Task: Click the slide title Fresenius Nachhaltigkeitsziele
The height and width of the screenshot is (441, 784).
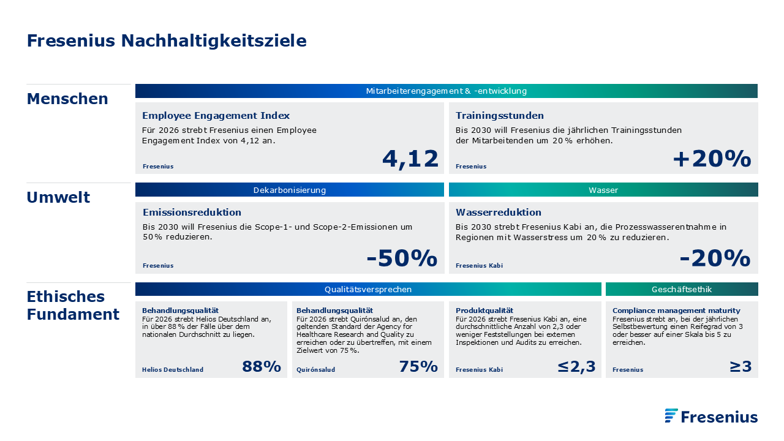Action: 167,40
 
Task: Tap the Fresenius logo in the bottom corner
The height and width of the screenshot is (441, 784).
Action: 711,416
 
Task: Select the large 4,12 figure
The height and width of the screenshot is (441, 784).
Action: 410,159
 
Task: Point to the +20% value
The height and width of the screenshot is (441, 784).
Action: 712,159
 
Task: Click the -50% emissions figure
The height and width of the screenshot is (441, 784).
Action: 402,258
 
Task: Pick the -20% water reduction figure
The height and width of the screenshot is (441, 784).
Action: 715,258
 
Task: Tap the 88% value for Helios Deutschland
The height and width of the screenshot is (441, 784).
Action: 262,366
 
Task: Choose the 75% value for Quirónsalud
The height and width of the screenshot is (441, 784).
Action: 418,366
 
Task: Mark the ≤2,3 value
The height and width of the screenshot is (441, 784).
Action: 576,367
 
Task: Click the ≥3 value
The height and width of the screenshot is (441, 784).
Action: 741,366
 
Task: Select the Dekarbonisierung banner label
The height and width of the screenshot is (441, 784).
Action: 290,190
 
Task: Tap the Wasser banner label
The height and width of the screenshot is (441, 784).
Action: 603,190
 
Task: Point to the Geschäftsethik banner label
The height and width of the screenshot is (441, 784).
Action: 682,290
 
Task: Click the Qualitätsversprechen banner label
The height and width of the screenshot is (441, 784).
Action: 368,290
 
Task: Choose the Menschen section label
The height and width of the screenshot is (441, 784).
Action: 67,99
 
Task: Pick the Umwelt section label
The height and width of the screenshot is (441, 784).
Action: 58,197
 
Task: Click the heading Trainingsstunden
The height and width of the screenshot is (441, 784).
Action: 499,116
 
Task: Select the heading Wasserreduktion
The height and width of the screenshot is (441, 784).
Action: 499,212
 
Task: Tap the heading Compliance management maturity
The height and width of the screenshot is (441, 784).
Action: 676,311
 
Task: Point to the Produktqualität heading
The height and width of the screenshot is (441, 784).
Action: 484,311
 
